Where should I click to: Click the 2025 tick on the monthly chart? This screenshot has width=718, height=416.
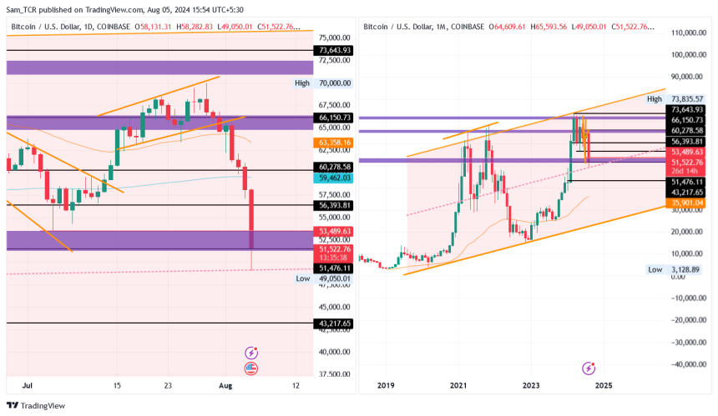604,386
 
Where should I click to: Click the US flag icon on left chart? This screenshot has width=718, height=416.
250,368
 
